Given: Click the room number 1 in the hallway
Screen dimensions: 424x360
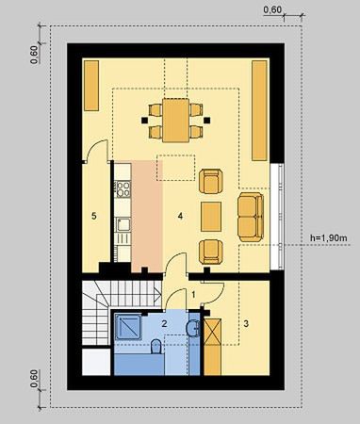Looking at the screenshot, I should click(194, 295).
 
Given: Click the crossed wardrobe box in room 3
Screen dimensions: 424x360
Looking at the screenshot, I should click(215, 334).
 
